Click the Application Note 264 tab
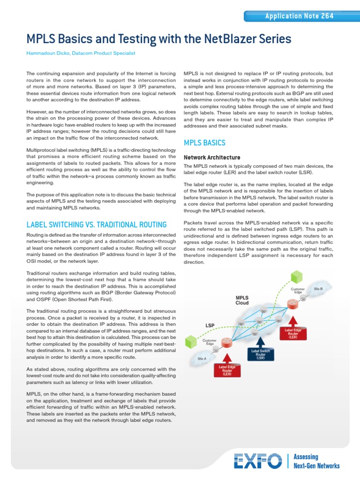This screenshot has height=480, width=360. point(299,16)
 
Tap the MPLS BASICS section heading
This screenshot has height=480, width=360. point(204,142)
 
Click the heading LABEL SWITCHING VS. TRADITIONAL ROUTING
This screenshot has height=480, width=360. point(97,225)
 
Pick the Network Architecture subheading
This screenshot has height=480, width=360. point(212,157)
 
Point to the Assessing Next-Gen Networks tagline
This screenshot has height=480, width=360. point(316,461)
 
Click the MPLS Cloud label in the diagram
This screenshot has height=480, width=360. point(242,300)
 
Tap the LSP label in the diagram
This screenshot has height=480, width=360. point(210,325)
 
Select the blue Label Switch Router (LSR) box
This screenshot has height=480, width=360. point(261,354)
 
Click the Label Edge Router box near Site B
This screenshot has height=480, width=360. point(293,333)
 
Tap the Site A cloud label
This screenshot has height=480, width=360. point(202,359)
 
